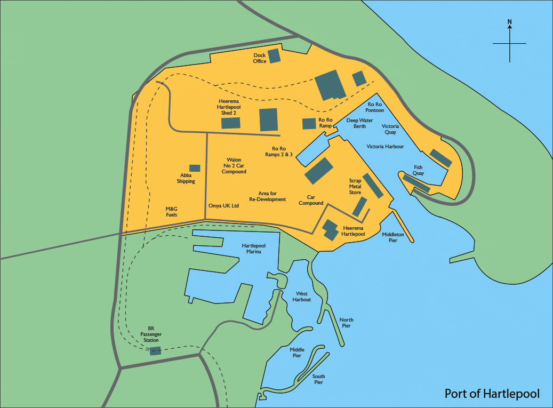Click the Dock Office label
(x=260, y=58)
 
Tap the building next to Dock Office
(x=274, y=55)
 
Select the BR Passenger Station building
(x=155, y=350)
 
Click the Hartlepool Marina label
(x=251, y=249)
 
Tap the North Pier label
(x=346, y=323)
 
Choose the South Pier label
(x=318, y=379)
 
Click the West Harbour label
(x=302, y=297)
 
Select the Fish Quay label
(x=419, y=170)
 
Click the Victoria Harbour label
(x=385, y=146)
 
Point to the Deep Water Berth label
(x=356, y=123)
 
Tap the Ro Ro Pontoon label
(x=375, y=107)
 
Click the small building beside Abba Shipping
(x=195, y=168)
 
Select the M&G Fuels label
(x=171, y=212)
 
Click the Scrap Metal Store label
(x=355, y=187)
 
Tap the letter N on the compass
(x=510, y=22)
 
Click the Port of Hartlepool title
(x=492, y=394)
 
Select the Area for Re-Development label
(x=268, y=196)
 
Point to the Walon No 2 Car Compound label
(x=234, y=165)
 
